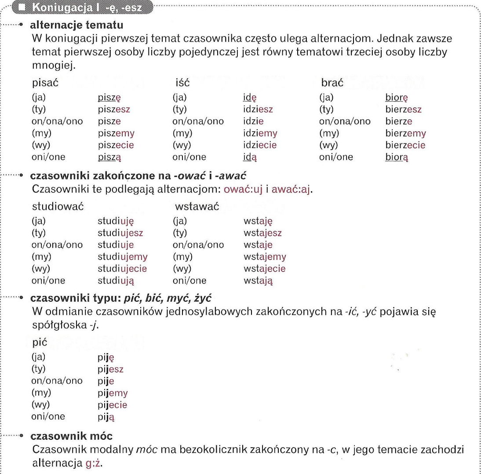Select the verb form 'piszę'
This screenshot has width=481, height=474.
[x=109, y=98]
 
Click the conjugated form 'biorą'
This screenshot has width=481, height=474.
[x=397, y=157]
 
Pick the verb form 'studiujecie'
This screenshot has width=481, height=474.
[x=122, y=268]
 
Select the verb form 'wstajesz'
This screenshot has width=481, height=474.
[x=262, y=233]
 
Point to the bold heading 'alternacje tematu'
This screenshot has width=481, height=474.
[x=72, y=25]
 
